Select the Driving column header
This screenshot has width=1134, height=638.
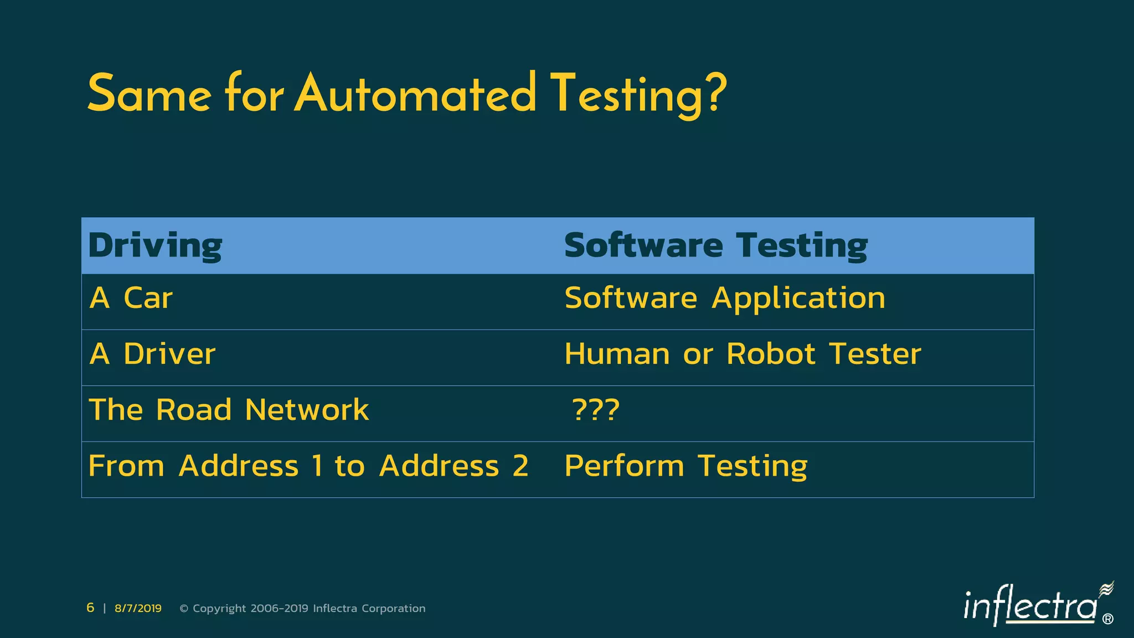pyautogui.click(x=155, y=245)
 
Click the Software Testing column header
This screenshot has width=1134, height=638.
pyautogui.click(x=716, y=245)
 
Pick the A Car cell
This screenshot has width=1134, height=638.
pyautogui.click(x=131, y=298)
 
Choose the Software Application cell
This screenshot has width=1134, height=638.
pyautogui.click(x=725, y=298)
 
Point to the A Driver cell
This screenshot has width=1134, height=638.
pyautogui.click(x=152, y=354)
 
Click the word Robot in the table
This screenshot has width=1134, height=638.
pyautogui.click(x=771, y=354)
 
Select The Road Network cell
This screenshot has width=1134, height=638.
pyautogui.click(x=229, y=410)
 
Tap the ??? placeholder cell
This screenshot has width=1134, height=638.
pyautogui.click(x=596, y=410)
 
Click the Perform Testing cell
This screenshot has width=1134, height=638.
pyautogui.click(x=686, y=466)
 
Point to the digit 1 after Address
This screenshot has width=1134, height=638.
pyautogui.click(x=317, y=466)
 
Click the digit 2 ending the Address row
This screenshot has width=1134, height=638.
pyautogui.click(x=520, y=466)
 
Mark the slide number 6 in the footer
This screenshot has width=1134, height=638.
pyautogui.click(x=90, y=608)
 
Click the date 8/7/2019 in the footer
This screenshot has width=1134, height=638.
pyautogui.click(x=138, y=608)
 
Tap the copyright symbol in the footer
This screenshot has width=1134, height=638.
pyautogui.click(x=184, y=609)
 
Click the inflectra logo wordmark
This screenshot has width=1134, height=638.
pyautogui.click(x=1030, y=606)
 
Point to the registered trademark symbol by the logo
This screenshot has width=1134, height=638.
pyautogui.click(x=1108, y=619)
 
